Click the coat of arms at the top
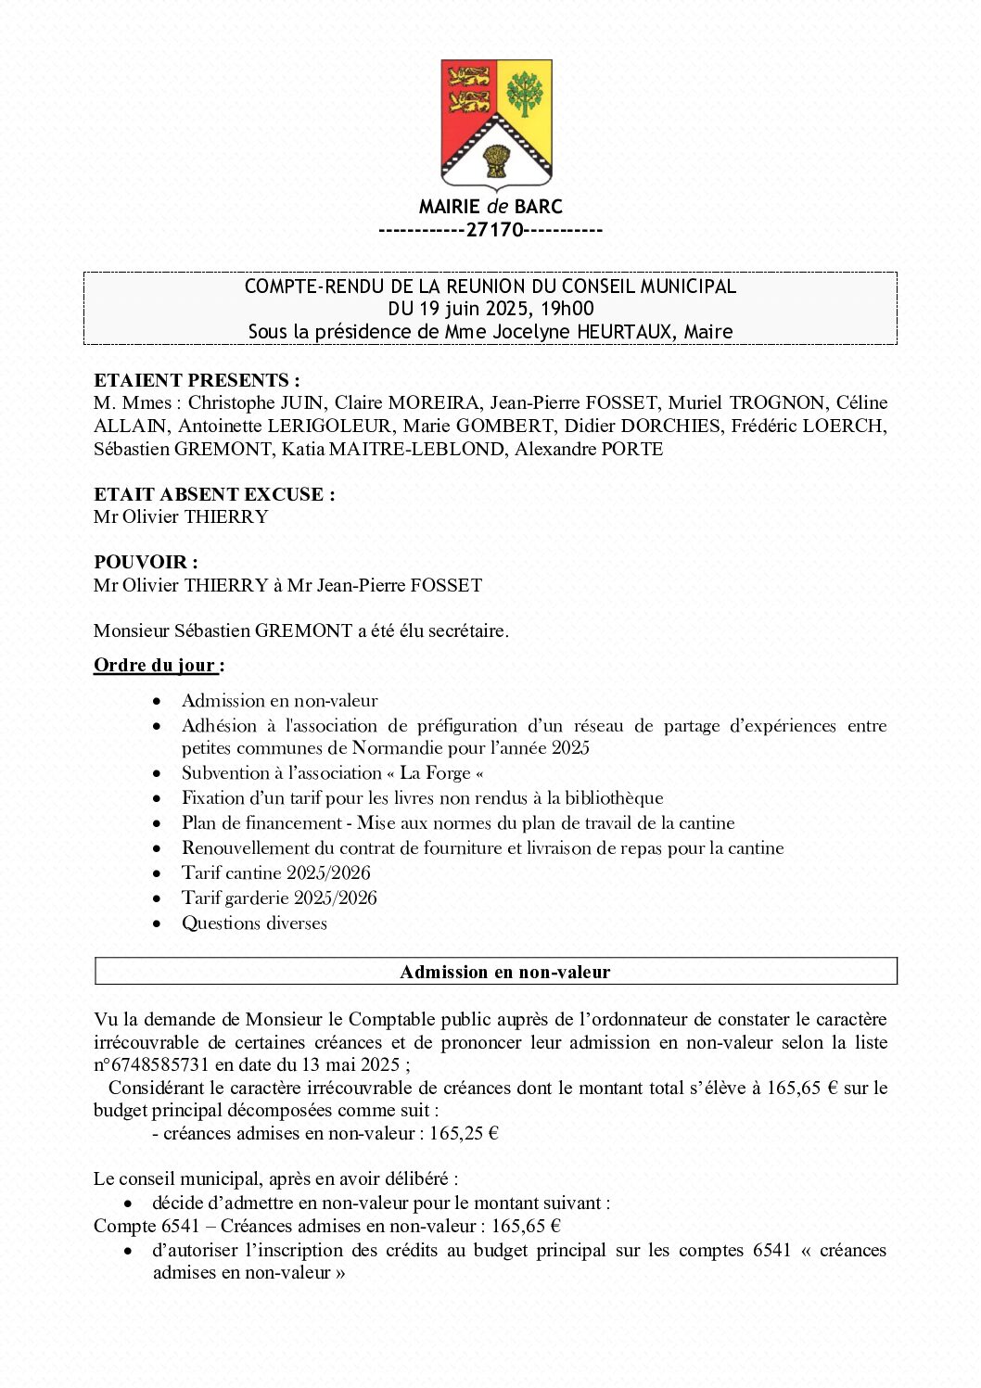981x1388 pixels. (x=496, y=124)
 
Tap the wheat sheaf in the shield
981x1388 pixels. (x=496, y=160)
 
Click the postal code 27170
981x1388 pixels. (x=494, y=230)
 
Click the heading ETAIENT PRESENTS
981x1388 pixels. (x=197, y=380)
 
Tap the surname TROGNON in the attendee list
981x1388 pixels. (x=776, y=402)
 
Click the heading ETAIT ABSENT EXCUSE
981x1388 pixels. (x=214, y=494)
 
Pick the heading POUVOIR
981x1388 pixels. (x=146, y=562)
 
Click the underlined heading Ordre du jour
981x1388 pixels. (x=156, y=665)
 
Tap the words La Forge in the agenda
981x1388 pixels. (x=435, y=773)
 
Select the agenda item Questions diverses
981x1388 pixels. (x=254, y=923)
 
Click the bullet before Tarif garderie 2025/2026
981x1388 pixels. (x=159, y=898)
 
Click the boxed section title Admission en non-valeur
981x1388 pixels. (x=504, y=972)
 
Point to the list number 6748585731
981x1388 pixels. (x=158, y=1064)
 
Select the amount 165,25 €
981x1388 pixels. (x=464, y=1133)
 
